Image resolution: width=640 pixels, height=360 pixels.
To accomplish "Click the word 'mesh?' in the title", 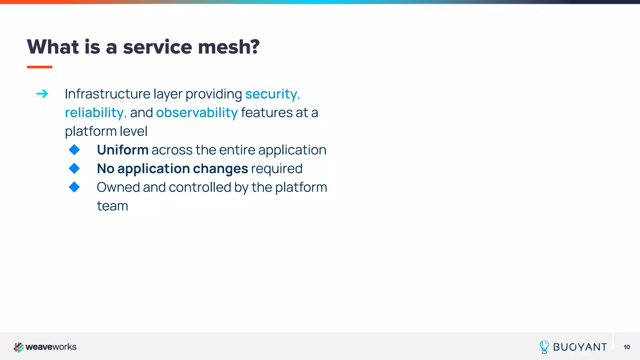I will point(228,47).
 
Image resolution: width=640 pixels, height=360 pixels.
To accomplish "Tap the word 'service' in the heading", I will point(157,47).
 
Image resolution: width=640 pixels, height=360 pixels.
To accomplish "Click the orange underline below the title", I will point(39,67).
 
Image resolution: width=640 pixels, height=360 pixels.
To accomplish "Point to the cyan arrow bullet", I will point(42,94).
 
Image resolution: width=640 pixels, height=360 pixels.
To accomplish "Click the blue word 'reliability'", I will point(94,112).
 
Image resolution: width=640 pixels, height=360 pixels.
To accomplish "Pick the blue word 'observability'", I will point(197,112).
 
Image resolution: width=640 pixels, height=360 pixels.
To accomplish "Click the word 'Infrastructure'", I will point(107,94).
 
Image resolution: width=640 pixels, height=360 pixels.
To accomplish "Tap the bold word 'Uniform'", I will point(122,150).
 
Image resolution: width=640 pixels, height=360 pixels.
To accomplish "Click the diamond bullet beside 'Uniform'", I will point(74,150).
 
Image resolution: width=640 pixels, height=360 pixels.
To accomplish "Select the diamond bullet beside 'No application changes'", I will point(74,168).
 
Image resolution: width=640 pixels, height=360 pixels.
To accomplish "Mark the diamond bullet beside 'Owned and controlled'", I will point(74,187).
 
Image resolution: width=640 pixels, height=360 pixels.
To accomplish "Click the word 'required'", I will point(277,169).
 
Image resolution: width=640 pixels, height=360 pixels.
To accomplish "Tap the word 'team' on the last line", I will point(112,206).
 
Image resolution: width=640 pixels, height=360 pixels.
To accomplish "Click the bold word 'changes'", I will point(220,169).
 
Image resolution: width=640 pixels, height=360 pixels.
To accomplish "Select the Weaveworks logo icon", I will point(18,347).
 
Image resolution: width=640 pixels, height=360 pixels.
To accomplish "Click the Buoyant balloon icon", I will point(544,347).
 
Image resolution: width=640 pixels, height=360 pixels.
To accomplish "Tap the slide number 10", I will point(627,347).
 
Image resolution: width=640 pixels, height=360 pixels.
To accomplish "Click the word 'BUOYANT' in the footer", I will point(580,347).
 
